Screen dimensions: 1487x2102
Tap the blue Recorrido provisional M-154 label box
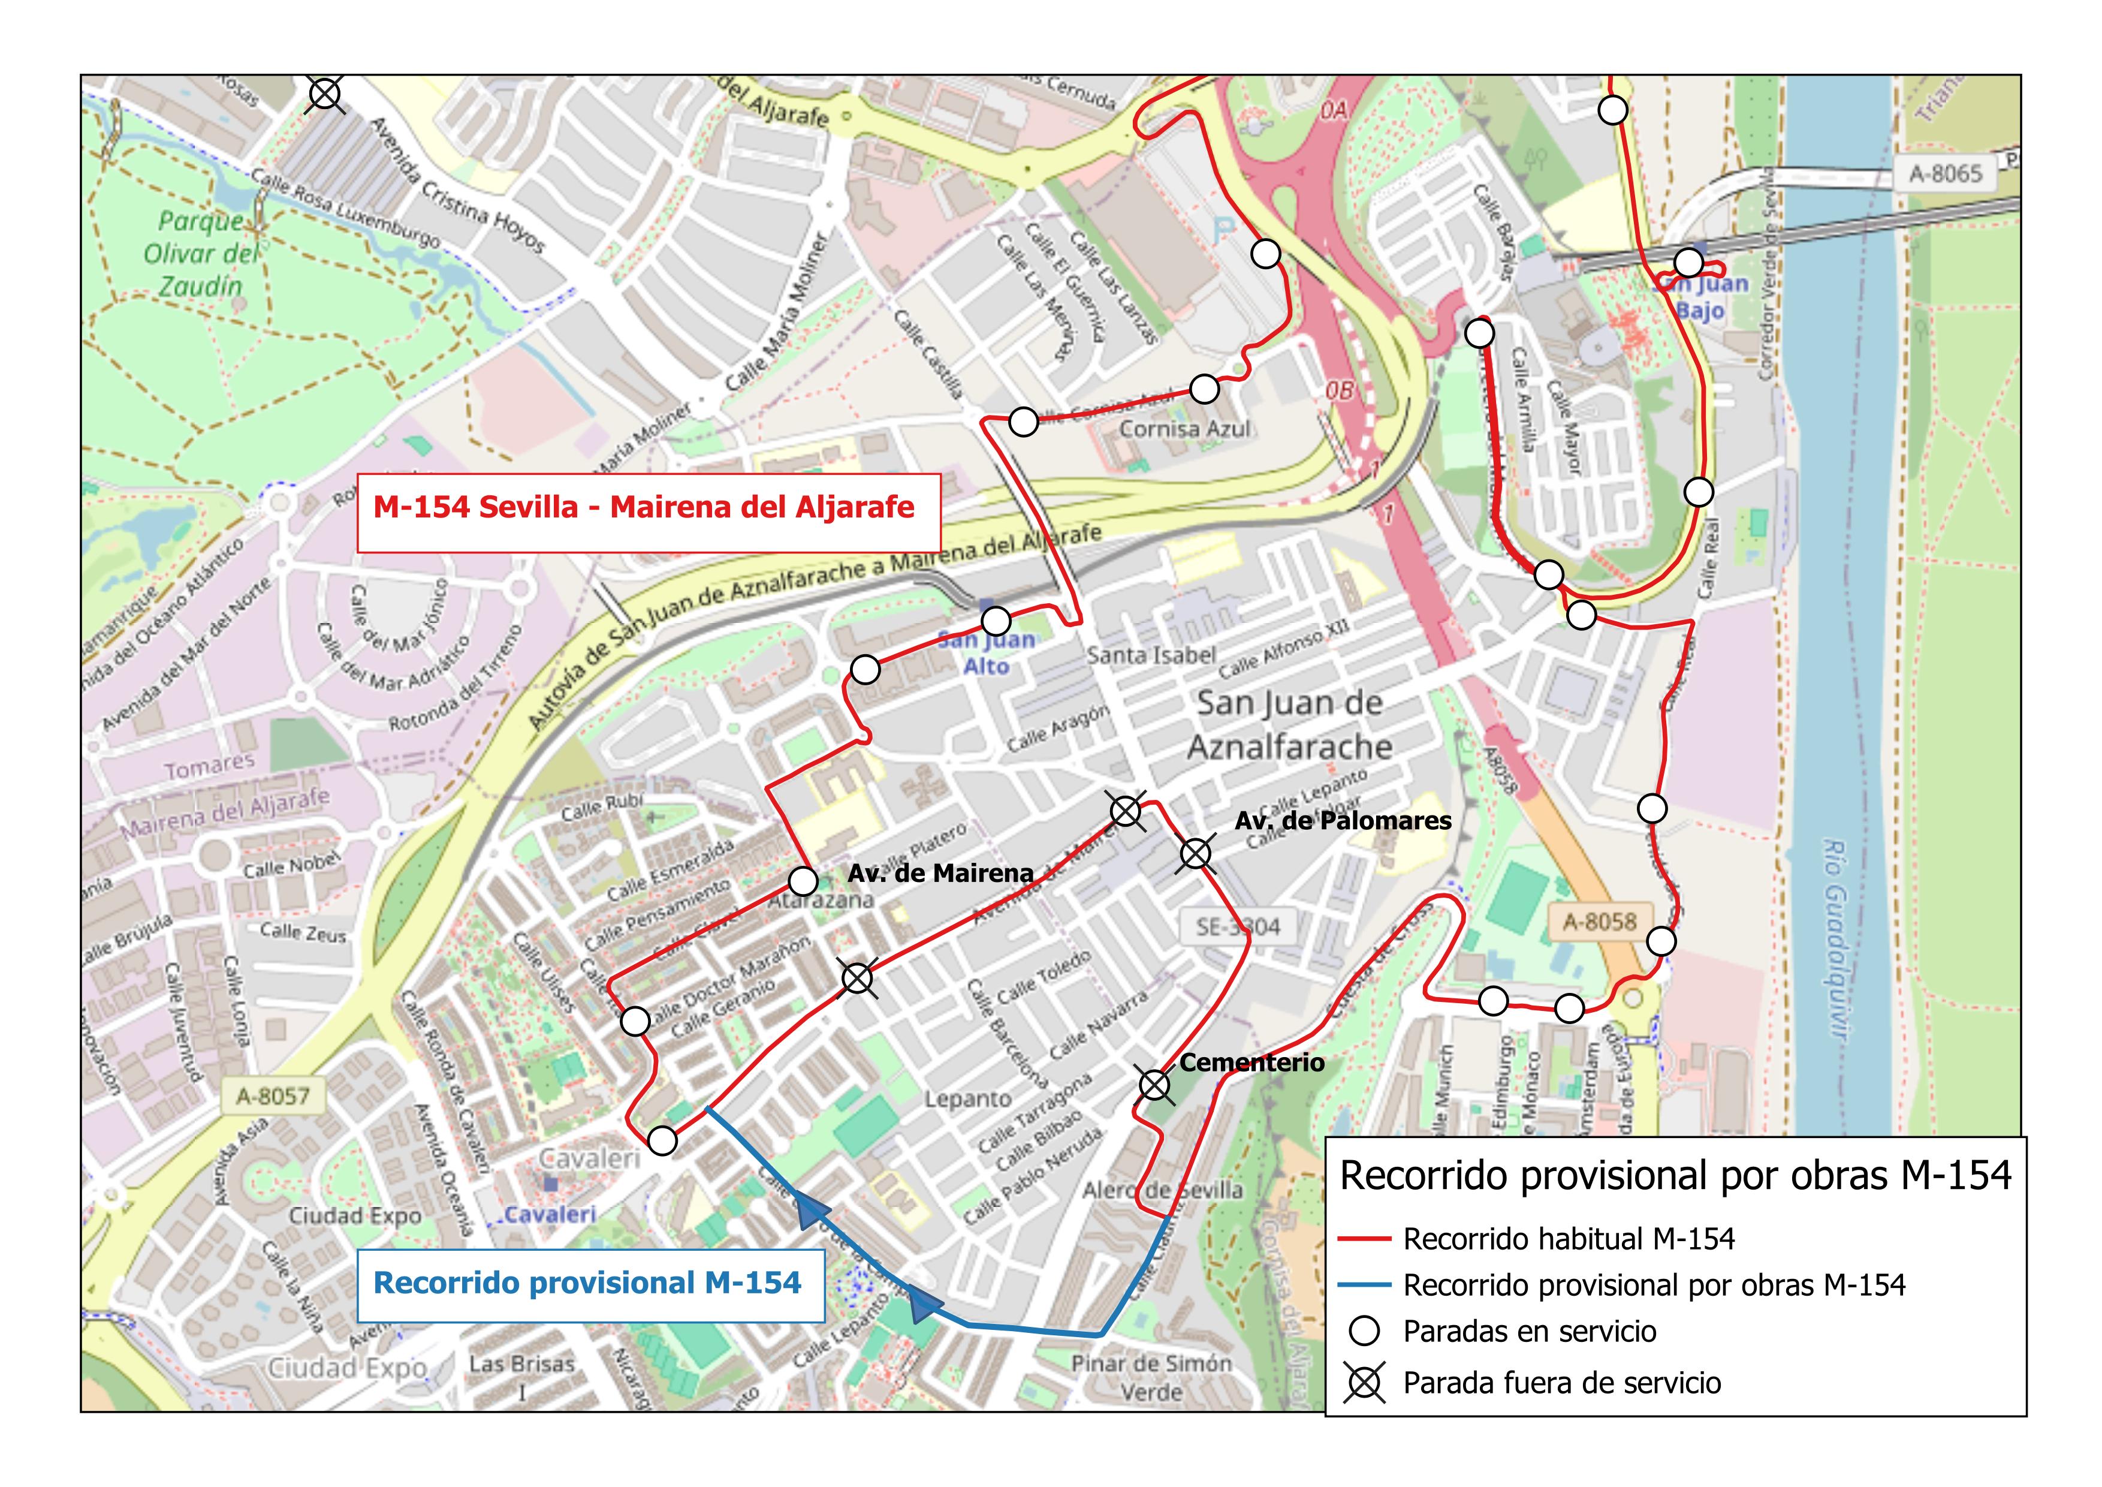[588, 1285]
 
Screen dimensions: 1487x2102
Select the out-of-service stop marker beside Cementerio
[1154, 1086]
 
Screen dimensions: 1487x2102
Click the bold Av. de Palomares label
[1342, 820]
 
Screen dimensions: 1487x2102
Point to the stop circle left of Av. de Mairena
[803, 882]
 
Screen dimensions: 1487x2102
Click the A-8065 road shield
[1946, 173]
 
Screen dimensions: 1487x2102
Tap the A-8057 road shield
[273, 1096]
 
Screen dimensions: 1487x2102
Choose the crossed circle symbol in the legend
[1364, 1383]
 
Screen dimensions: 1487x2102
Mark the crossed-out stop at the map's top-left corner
[325, 94]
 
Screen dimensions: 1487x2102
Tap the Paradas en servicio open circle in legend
[1364, 1331]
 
